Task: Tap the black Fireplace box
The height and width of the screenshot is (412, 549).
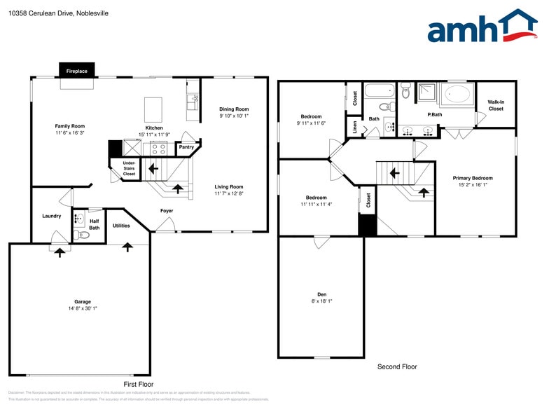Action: [77, 71]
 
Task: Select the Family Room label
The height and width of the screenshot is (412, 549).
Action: [70, 126]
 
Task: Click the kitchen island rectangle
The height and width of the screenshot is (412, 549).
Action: [154, 110]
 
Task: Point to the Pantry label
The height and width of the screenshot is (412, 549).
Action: [186, 147]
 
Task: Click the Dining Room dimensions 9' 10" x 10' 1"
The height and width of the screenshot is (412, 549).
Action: [234, 116]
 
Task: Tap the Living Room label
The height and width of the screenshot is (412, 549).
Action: [229, 186]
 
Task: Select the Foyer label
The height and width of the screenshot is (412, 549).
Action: [167, 210]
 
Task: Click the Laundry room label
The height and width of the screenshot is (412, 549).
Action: [52, 216]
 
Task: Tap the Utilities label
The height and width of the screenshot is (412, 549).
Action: [121, 226]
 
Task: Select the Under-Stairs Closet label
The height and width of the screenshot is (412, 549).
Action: [129, 167]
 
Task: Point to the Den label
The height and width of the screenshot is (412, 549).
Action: [321, 294]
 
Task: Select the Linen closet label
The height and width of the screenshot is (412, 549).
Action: [355, 128]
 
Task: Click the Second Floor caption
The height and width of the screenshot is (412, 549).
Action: [397, 366]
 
